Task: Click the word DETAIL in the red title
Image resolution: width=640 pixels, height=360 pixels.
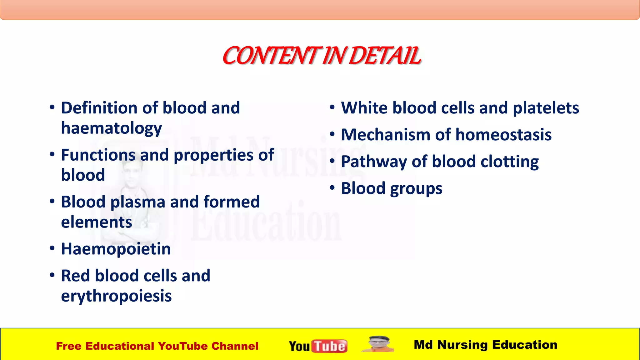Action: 385,56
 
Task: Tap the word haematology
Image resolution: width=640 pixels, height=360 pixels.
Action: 112,128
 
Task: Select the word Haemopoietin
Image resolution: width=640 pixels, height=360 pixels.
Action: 116,249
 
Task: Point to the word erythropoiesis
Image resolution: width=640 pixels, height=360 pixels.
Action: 116,296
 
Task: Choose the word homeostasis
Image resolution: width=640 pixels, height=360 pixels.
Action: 503,135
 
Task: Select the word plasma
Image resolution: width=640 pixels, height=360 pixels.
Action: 137,202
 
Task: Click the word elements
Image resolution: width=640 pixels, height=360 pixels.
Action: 97,222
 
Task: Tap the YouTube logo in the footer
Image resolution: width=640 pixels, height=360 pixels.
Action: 318,346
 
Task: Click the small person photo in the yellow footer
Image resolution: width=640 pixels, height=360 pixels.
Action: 377,344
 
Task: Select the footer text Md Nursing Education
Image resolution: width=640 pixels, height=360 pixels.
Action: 485,345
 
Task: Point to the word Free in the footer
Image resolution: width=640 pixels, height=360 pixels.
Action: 68,346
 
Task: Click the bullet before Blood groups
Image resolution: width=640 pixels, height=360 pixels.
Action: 332,188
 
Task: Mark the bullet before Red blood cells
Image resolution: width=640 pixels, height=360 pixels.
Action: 52,275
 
